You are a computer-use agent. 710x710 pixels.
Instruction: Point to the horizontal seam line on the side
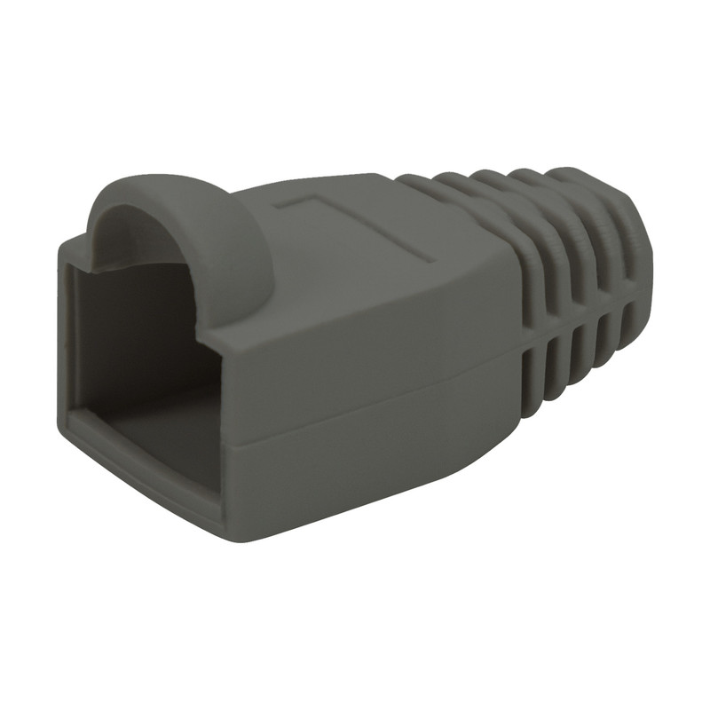tap(373, 417)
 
